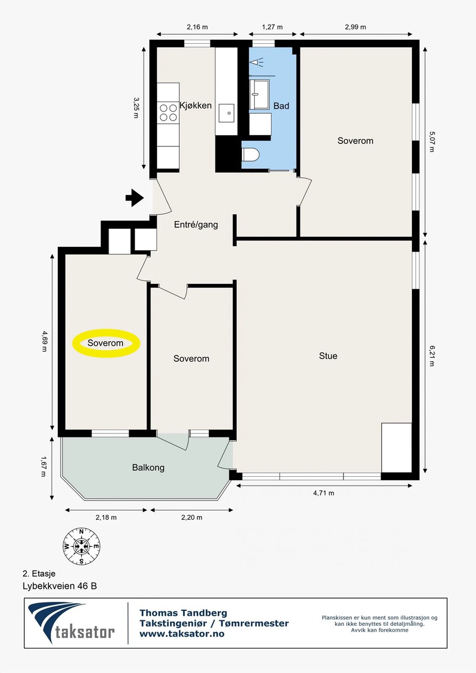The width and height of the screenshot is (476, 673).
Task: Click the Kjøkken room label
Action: [x=195, y=106]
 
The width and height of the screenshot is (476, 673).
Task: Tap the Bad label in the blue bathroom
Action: [x=281, y=106]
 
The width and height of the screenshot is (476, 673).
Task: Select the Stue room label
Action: [x=328, y=356]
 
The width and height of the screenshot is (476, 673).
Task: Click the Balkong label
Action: [x=148, y=468]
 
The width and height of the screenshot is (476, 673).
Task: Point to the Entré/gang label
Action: [x=196, y=225]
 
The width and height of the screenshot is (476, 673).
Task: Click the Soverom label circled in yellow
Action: [x=106, y=343]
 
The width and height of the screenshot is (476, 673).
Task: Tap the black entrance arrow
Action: [x=135, y=197]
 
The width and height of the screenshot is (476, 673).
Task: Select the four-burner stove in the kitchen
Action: [x=168, y=112]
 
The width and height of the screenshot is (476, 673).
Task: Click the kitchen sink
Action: [x=226, y=113]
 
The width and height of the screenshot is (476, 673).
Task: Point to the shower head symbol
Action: [x=256, y=62]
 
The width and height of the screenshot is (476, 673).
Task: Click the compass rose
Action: [x=81, y=546]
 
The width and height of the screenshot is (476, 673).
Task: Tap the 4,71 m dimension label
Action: [x=323, y=493]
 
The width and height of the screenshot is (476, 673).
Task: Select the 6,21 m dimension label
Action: [x=432, y=356]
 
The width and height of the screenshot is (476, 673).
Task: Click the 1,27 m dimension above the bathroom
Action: [x=272, y=27]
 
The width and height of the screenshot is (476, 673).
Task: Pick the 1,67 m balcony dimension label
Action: [x=44, y=467]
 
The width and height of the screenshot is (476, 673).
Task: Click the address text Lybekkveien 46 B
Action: [x=60, y=586]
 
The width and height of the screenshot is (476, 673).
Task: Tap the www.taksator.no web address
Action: [x=182, y=634]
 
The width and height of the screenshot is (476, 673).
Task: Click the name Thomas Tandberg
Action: [x=184, y=612]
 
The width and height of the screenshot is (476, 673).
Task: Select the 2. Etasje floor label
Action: [x=39, y=574]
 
